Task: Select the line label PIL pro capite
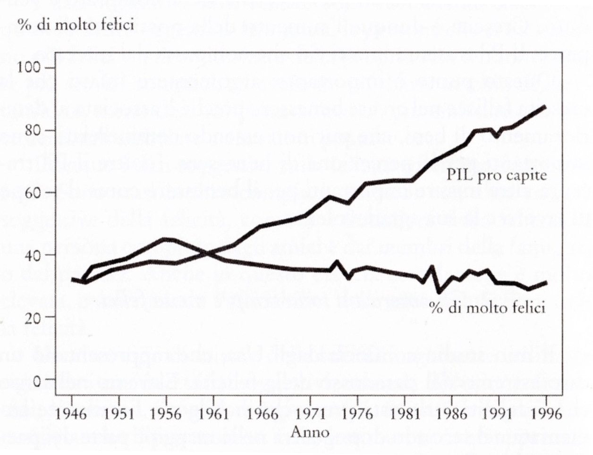pos(497,176)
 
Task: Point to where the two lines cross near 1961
pos(208,253)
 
